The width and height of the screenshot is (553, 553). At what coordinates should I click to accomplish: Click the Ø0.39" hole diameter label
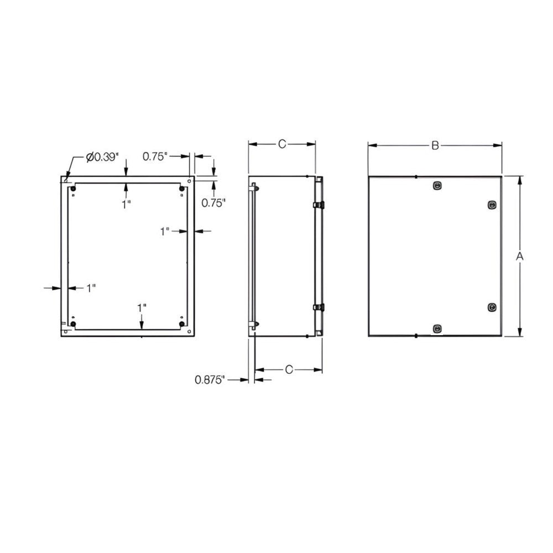coord(102,157)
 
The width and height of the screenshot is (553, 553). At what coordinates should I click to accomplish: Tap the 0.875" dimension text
coord(211,379)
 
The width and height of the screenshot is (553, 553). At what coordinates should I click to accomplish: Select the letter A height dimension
coord(519,256)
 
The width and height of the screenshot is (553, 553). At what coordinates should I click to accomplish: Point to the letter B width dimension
coord(435,145)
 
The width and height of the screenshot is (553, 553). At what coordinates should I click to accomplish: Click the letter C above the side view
coord(281,144)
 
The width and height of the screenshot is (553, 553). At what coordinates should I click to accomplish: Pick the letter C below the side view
coord(289,369)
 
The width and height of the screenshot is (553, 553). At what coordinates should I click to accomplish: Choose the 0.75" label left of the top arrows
coord(155,156)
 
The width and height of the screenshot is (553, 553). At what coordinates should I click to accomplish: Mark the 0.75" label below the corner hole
coord(213,202)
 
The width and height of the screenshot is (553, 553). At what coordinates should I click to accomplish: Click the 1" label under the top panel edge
coord(127,204)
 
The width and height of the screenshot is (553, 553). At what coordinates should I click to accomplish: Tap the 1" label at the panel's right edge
coord(165,232)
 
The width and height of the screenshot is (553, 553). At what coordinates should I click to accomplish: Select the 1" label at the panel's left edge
coord(91,288)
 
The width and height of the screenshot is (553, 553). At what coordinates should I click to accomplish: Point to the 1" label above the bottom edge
coord(142,307)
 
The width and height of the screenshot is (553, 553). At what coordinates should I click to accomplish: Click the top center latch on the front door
coord(436,186)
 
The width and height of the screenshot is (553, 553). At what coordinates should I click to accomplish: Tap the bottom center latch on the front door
coord(436,328)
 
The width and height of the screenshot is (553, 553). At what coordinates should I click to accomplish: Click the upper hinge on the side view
coord(318,205)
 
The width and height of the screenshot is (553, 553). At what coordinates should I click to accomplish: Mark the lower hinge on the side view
coord(318,307)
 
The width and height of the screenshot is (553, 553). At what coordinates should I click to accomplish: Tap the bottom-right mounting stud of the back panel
coord(182,324)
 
